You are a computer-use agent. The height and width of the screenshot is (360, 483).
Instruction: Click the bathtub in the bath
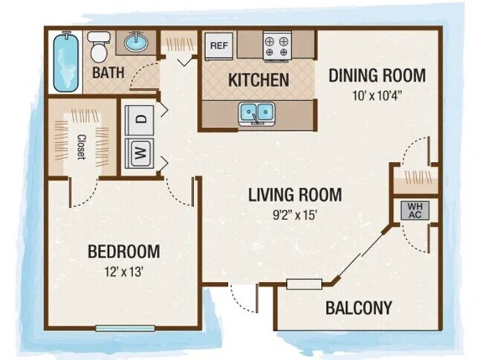click(x=67, y=60)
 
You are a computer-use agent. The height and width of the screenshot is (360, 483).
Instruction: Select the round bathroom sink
click(x=136, y=43)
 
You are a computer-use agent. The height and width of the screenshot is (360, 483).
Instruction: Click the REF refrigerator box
click(x=218, y=45)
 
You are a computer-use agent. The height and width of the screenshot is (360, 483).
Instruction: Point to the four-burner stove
click(x=278, y=47)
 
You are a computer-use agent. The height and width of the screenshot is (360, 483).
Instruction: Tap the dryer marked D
click(x=140, y=118)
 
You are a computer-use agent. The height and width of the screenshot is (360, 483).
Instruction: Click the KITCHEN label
click(x=258, y=80)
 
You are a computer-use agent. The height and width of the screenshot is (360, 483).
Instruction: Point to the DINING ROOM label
click(x=377, y=75)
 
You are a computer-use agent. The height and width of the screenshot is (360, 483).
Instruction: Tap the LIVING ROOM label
click(x=294, y=196)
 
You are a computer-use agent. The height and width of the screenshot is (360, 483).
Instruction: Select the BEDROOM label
click(x=124, y=251)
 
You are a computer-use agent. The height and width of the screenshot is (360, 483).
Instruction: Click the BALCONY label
click(x=359, y=307)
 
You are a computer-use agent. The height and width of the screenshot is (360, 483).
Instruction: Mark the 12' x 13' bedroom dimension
click(x=124, y=271)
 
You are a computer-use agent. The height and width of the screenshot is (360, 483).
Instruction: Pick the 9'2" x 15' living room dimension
click(x=294, y=216)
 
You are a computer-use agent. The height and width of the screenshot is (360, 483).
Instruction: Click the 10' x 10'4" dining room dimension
click(x=377, y=94)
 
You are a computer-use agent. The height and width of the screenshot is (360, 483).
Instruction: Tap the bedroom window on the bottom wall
click(x=125, y=328)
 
